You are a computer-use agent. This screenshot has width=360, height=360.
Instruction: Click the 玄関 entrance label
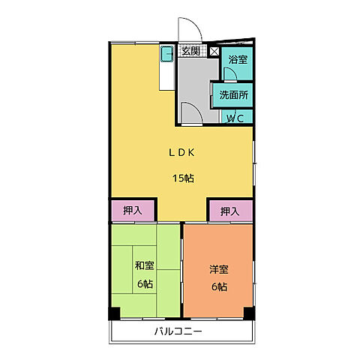pyautogui.click(x=190, y=51)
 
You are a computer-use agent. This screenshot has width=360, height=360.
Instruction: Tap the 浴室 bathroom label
pyautogui.click(x=238, y=59)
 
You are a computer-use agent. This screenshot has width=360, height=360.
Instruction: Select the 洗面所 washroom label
pyautogui.click(x=234, y=95)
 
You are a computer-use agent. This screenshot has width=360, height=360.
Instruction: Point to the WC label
pyautogui.click(x=235, y=118)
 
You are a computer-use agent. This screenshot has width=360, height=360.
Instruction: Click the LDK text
pyautogui.click(x=181, y=152)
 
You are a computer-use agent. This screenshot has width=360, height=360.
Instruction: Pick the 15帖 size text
pyautogui.click(x=183, y=178)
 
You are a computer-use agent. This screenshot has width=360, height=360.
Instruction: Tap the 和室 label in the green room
pyautogui.click(x=145, y=265)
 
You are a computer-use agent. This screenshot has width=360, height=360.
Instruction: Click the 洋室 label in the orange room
pyautogui.click(x=219, y=269)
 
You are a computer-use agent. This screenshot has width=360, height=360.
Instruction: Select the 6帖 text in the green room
pyautogui.click(x=145, y=283)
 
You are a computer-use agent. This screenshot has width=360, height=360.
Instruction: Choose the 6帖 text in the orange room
pyautogui.click(x=219, y=286)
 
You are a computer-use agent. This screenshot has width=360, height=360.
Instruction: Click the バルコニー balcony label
pyautogui.click(x=178, y=331)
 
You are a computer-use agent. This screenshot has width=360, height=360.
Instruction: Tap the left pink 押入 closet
pyautogui.click(x=133, y=211)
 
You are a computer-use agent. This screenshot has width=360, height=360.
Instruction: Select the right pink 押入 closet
pyautogui.click(x=231, y=211)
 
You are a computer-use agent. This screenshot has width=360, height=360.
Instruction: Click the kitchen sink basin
pyautogui.click(x=166, y=54)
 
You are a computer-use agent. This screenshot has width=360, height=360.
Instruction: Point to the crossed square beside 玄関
pyautogui.click(x=214, y=52)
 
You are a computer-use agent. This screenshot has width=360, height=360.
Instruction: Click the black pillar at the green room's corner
pyautogui.click(x=114, y=313)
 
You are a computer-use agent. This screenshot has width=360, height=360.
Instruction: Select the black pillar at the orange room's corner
pyautogui.click(x=249, y=313)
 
